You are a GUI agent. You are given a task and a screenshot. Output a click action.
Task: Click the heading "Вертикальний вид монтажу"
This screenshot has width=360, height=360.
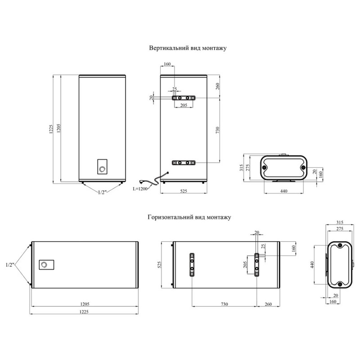[x=188, y=48]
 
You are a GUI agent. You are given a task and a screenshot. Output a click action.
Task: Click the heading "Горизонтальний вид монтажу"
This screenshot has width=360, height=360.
[x=189, y=217]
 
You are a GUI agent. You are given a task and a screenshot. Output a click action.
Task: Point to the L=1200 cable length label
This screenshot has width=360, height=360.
[x=140, y=189]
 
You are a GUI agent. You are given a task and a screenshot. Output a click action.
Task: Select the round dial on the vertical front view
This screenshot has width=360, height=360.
[x=102, y=170]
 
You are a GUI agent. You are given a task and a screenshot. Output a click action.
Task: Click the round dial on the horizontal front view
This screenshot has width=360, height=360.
[x=44, y=265]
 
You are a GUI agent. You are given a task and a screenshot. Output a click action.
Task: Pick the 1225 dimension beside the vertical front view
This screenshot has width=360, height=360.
[x=51, y=129]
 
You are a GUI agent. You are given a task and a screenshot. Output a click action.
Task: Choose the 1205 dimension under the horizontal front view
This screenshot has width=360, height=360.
[x=85, y=304]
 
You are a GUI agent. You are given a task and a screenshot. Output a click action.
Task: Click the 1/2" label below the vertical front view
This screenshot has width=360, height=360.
[x=102, y=193]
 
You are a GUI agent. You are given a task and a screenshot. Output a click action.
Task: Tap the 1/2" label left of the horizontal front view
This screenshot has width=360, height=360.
[x=10, y=265]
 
